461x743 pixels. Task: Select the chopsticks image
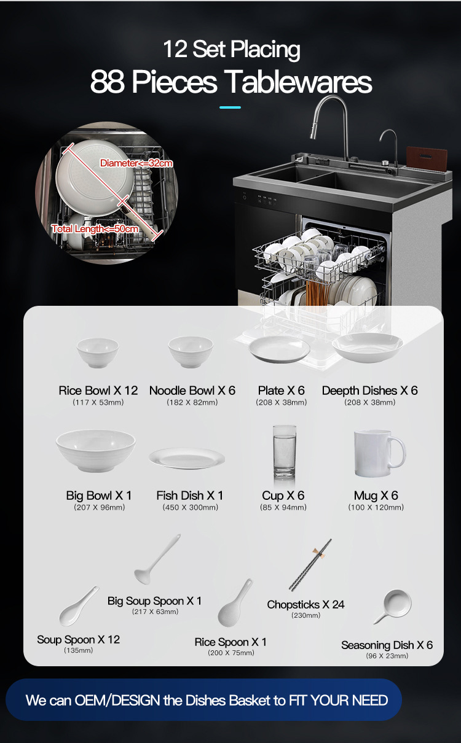coord(311,564)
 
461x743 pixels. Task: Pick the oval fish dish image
coord(186,459)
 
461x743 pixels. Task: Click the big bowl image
coord(95,450)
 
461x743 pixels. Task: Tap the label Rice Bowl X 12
coord(98,391)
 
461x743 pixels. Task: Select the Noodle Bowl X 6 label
coord(192,391)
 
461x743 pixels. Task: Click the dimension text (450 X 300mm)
coord(190,508)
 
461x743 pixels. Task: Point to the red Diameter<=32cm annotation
coord(136,163)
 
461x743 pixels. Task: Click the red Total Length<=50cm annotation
coord(95,229)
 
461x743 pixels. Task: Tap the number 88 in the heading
coord(107,82)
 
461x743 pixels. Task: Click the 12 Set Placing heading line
coord(231,49)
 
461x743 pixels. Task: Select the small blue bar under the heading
coord(230,107)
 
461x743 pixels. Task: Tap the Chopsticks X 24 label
coord(305,605)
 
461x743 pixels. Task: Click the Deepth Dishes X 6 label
coord(369,391)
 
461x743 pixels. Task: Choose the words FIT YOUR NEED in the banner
coord(339,700)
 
